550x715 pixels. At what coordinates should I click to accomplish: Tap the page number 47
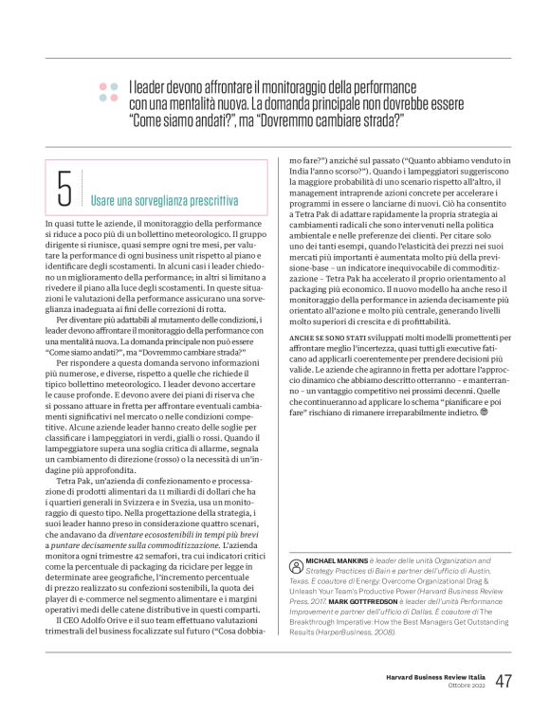coord(504,681)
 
